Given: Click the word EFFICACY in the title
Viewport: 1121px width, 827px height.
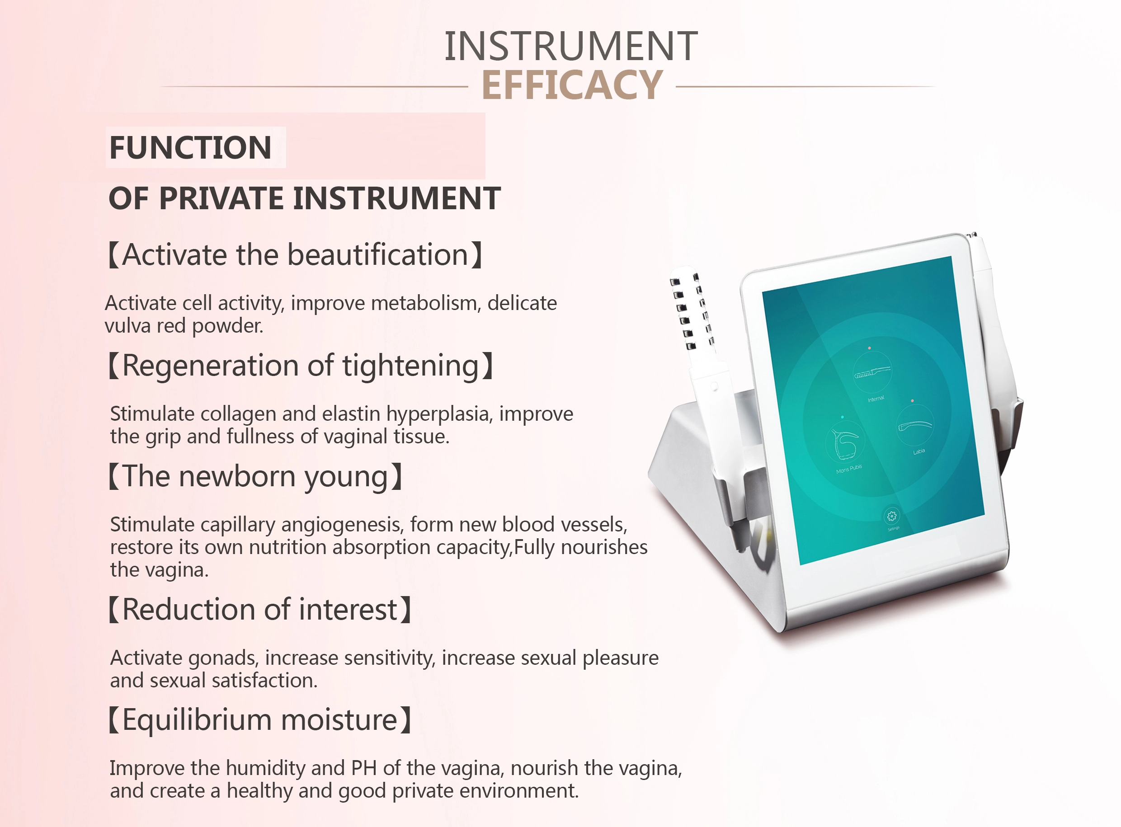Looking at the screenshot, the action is tap(572, 85).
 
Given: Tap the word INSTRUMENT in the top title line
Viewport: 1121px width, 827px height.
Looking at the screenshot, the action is tap(571, 46).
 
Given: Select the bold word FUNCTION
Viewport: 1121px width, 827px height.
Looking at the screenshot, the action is tap(190, 148).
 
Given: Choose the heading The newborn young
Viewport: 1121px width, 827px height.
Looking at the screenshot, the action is tap(256, 477).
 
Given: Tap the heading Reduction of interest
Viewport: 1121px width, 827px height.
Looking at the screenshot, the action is tap(260, 610).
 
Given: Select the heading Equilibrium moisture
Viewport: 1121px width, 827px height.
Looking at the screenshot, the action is tap(260, 720).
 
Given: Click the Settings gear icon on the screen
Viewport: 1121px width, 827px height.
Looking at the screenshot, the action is tap(891, 516).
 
